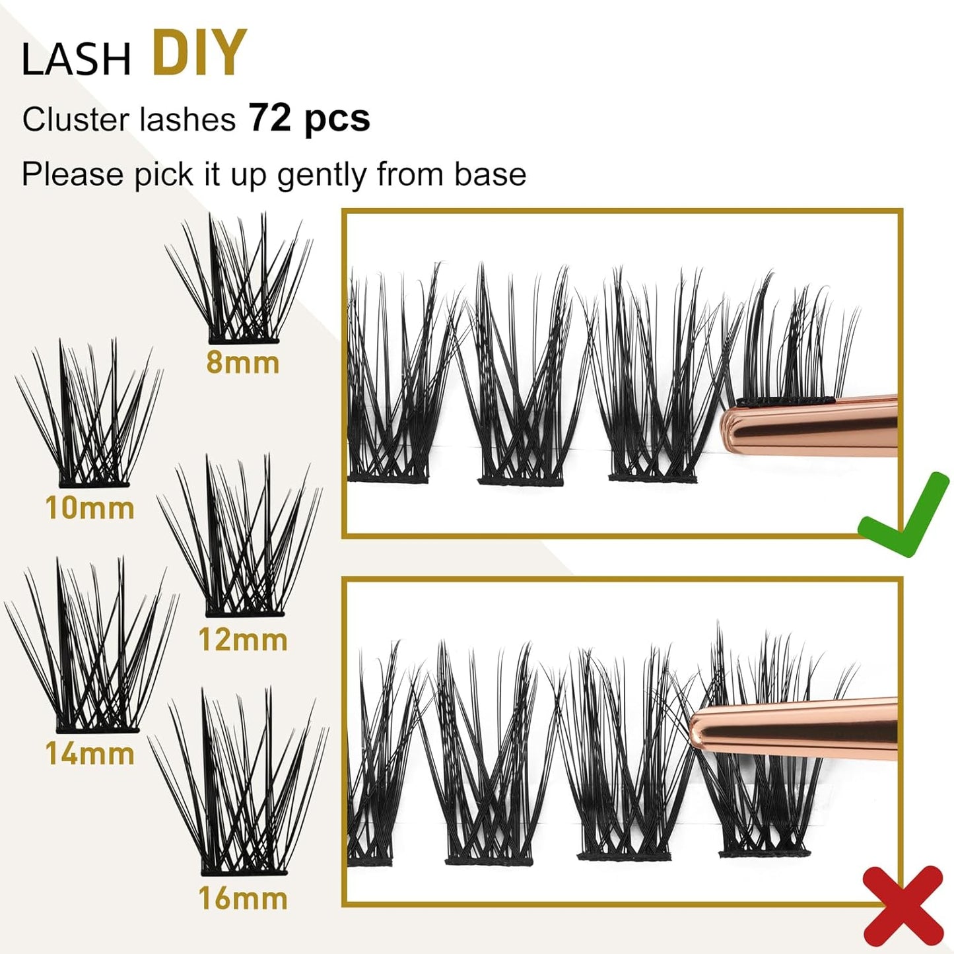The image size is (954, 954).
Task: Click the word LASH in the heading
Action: pos(76,59)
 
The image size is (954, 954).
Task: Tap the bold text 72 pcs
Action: pos(309,118)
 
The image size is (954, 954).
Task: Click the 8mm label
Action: pos(242,362)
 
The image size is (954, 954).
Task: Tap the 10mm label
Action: pos(90,508)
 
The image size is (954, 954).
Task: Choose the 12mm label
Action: pos(242,640)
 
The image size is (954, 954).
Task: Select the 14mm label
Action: pos(90,753)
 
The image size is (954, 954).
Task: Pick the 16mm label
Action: pos(242,899)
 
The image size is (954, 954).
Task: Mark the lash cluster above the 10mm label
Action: pos(90,416)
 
